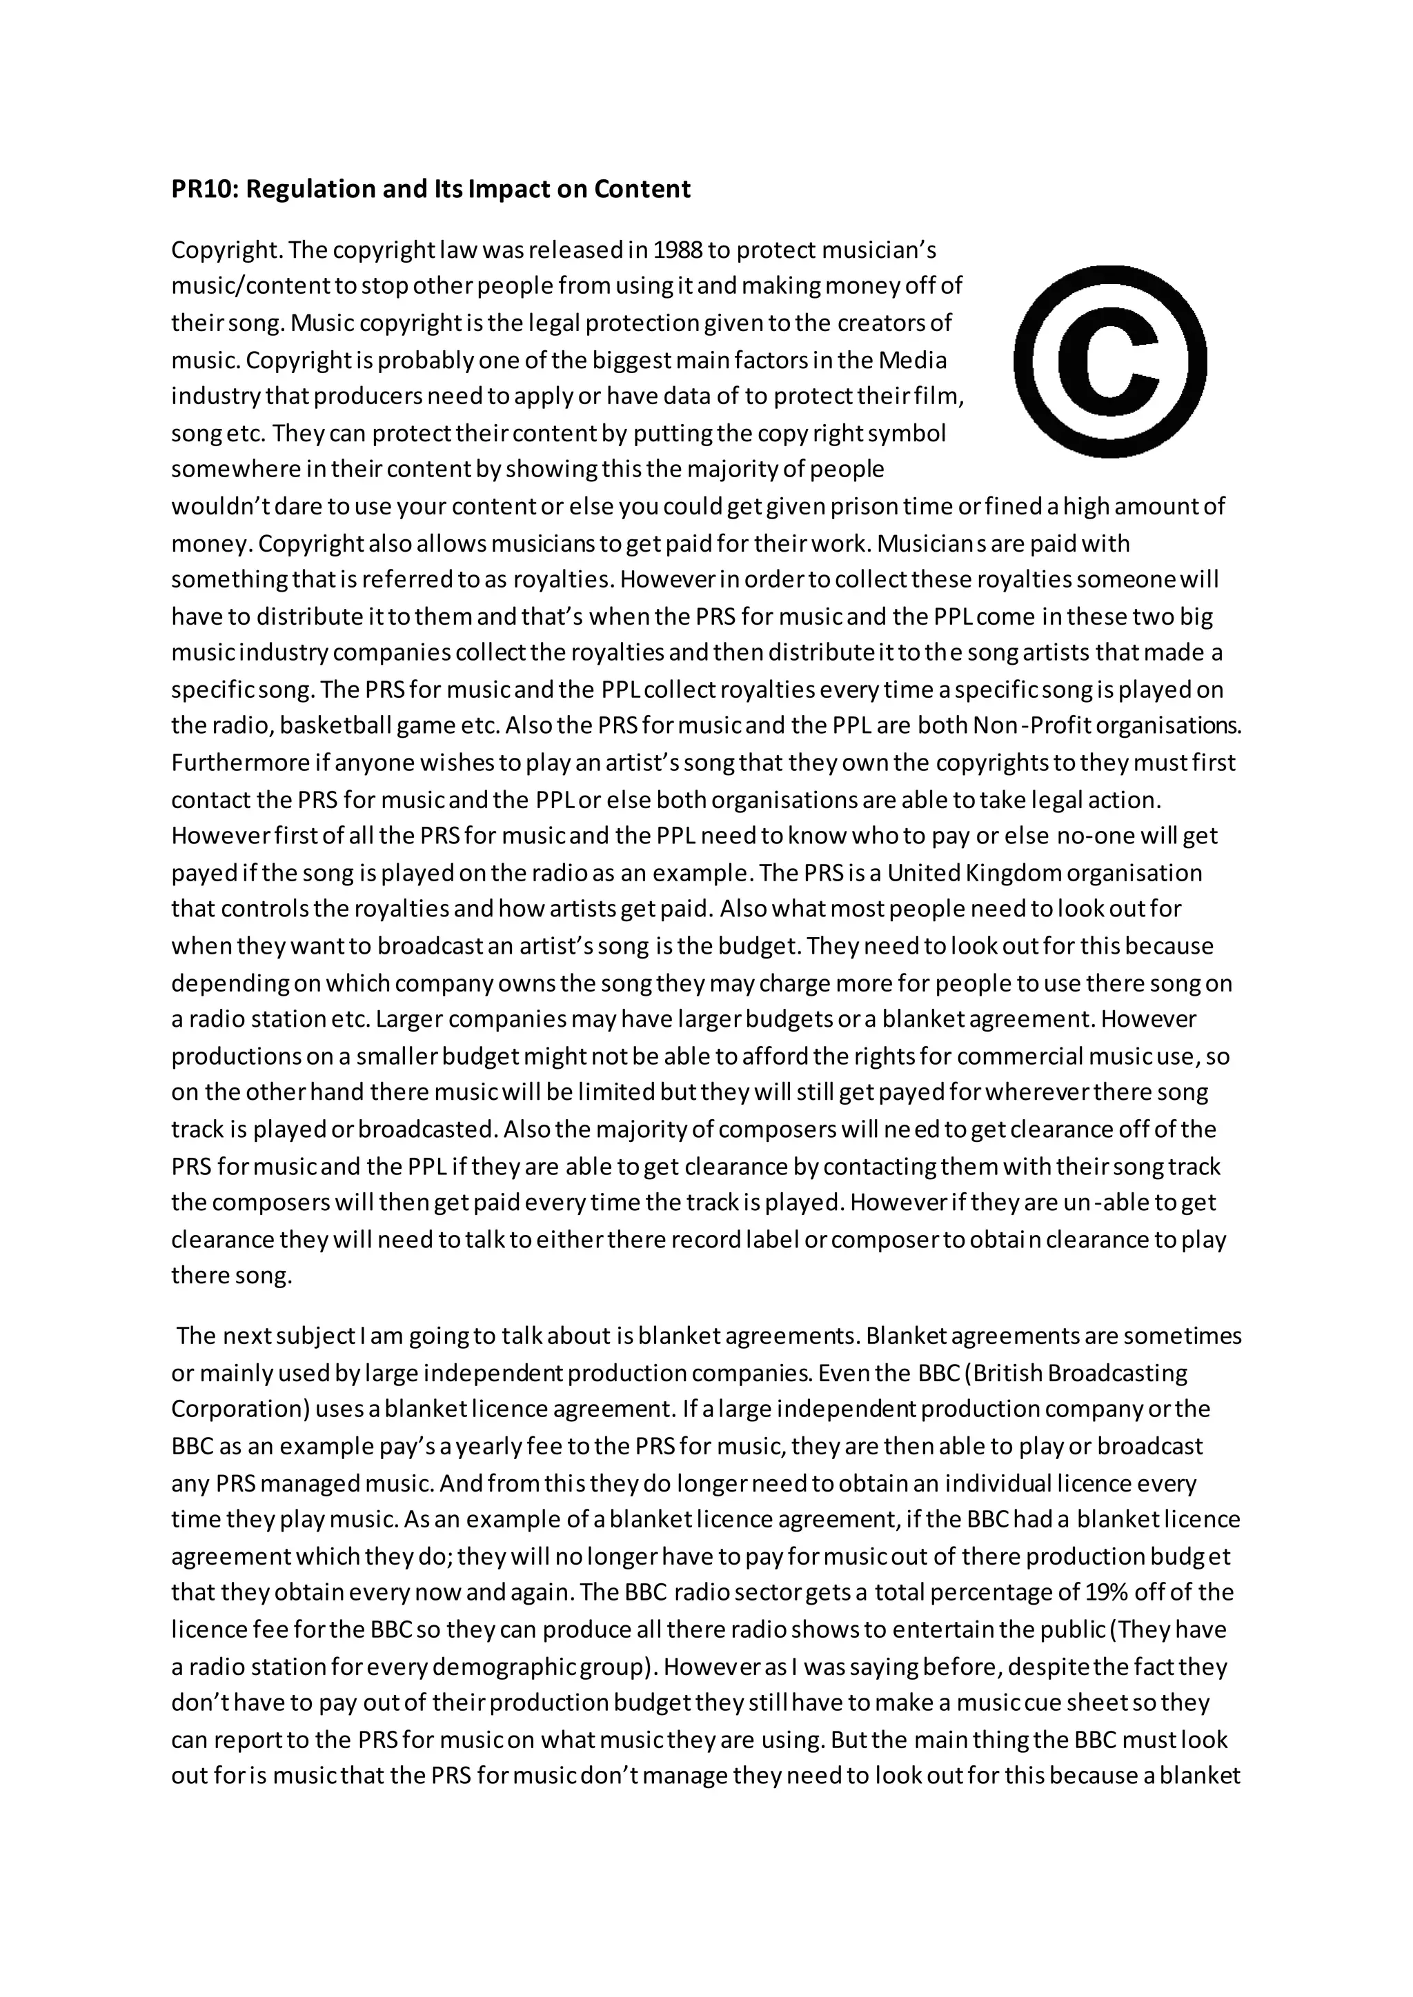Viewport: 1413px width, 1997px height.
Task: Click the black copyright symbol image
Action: coord(1110,362)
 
